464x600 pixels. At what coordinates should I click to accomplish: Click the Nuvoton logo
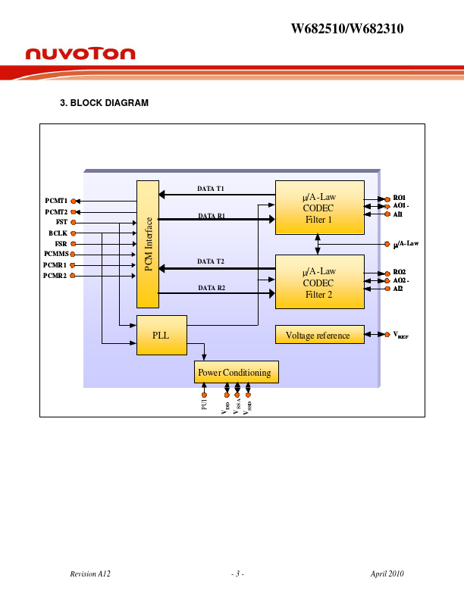pyautogui.click(x=80, y=54)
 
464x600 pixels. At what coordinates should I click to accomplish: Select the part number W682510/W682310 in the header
pyautogui.click(x=347, y=30)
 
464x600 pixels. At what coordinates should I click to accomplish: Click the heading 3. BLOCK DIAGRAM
pyautogui.click(x=104, y=103)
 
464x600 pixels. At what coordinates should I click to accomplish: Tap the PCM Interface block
pyautogui.click(x=148, y=244)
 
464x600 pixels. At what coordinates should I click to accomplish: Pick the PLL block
pyautogui.click(x=161, y=335)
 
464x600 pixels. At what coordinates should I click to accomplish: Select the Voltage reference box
pyautogui.click(x=318, y=335)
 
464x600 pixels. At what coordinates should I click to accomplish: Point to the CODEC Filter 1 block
pyautogui.click(x=319, y=208)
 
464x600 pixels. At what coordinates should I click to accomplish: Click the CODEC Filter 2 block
pyautogui.click(x=319, y=282)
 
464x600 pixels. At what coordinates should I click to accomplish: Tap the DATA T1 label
pyautogui.click(x=211, y=188)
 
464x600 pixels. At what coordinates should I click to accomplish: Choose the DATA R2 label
pyautogui.click(x=212, y=288)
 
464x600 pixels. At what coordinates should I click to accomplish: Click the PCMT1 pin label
pyautogui.click(x=55, y=201)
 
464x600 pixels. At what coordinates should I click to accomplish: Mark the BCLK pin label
pyautogui.click(x=58, y=233)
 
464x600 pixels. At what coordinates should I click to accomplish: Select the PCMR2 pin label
pyautogui.click(x=55, y=276)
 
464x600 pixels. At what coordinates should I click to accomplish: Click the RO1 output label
pyautogui.click(x=400, y=198)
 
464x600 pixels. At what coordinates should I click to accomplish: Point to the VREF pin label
pyautogui.click(x=400, y=334)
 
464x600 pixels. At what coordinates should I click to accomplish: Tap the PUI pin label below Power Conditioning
pyautogui.click(x=204, y=405)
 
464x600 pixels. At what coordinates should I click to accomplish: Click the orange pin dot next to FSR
pyautogui.click(x=73, y=244)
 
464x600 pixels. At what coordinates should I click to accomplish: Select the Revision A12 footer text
pyautogui.click(x=90, y=574)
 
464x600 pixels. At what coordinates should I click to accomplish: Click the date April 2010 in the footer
pyautogui.click(x=387, y=574)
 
